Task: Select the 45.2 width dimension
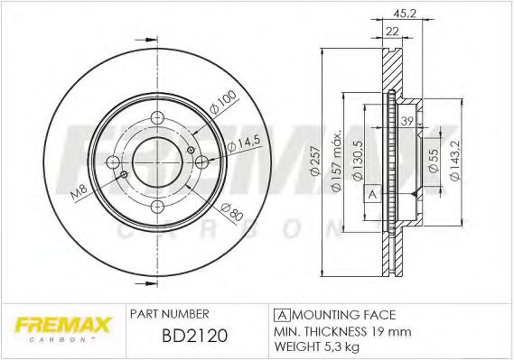tap(405, 13)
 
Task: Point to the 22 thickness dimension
tap(392, 32)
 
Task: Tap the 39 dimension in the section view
tap(407, 122)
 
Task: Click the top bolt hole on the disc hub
tap(156, 118)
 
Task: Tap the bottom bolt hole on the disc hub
tap(156, 207)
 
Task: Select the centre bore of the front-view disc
tap(156, 162)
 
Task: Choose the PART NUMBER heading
tap(171, 314)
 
